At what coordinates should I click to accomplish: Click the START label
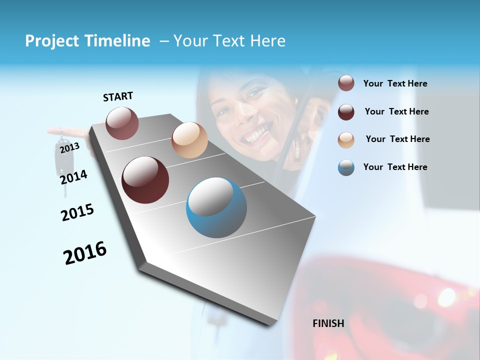tap(118, 96)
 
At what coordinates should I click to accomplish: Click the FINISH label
tap(328, 323)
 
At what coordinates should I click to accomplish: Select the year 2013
tap(69, 147)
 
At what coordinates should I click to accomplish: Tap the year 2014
tap(73, 177)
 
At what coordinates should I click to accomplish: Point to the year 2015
tap(77, 212)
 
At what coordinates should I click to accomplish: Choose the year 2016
tap(85, 253)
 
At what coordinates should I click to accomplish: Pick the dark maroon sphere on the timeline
tap(145, 180)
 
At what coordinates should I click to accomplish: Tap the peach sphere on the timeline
tap(189, 140)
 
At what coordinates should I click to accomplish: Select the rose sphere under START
tap(122, 123)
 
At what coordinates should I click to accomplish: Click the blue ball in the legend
tap(346, 167)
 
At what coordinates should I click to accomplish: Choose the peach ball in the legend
tap(346, 139)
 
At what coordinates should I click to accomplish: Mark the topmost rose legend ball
tap(346, 83)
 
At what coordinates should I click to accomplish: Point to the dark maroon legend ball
tap(346, 112)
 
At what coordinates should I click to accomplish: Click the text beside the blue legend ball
tap(395, 167)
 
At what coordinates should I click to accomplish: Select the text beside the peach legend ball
tap(397, 139)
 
